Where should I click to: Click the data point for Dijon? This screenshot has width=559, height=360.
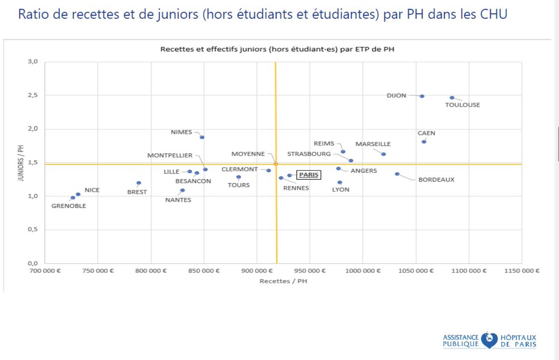422,96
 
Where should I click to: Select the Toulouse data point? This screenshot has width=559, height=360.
452,98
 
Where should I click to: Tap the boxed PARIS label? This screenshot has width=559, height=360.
309,175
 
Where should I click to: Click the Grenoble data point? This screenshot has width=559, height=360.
73,198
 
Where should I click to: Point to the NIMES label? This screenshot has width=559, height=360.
182,132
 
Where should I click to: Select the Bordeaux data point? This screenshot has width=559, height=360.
397,174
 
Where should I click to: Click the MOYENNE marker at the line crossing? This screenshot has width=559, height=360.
276,164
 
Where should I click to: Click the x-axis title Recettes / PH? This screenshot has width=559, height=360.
283,281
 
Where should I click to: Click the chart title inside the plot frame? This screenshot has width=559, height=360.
277,49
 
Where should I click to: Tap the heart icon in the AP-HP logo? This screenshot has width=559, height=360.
489,340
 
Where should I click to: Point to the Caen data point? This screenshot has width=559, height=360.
424,142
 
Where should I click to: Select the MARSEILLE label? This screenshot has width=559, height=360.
373,144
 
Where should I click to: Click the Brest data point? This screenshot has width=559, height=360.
139,183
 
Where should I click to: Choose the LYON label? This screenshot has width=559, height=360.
341,190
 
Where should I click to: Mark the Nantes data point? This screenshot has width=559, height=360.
183,190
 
